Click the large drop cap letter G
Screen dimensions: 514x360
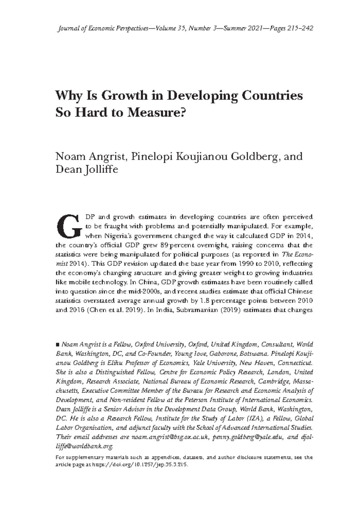[x=69, y=226]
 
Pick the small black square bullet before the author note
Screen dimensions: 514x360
[x=58, y=345]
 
